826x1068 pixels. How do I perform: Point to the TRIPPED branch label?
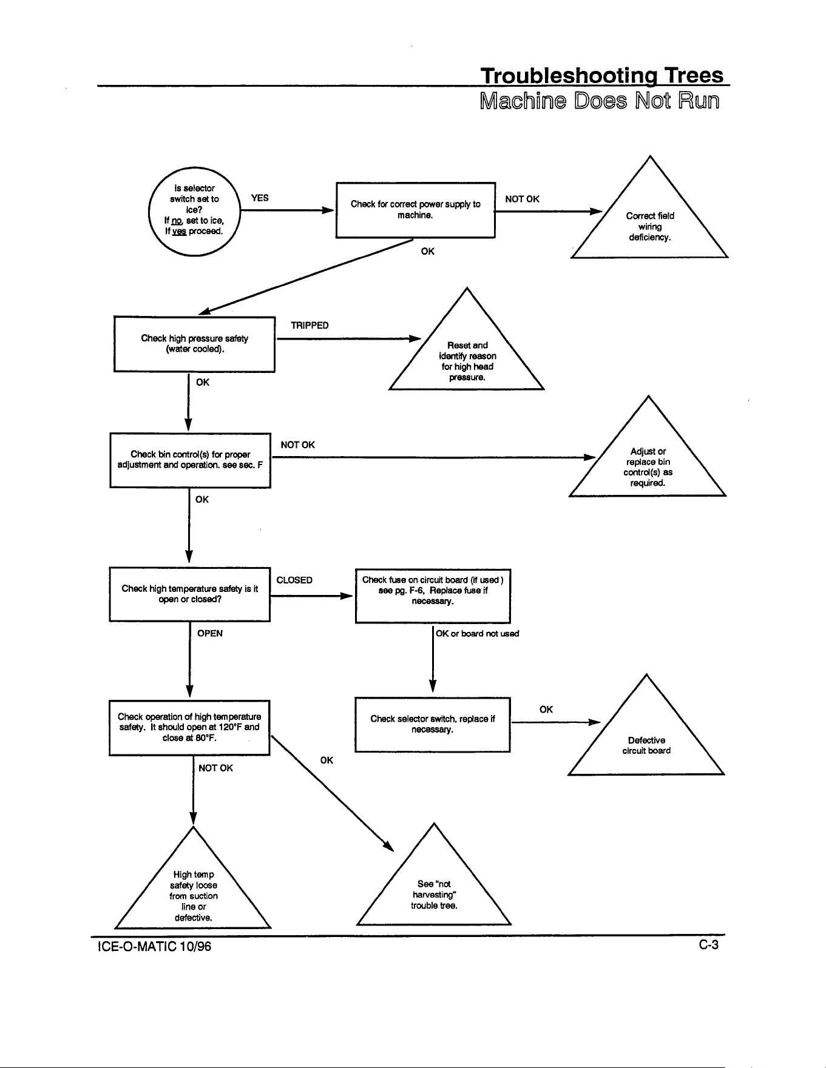pyautogui.click(x=310, y=326)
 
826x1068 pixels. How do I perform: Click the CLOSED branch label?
pyautogui.click(x=294, y=580)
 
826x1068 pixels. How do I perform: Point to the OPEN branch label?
pyautogui.click(x=210, y=634)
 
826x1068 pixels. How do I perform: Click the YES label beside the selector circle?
pyautogui.click(x=260, y=198)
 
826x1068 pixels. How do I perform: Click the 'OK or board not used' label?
pyautogui.click(x=478, y=634)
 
